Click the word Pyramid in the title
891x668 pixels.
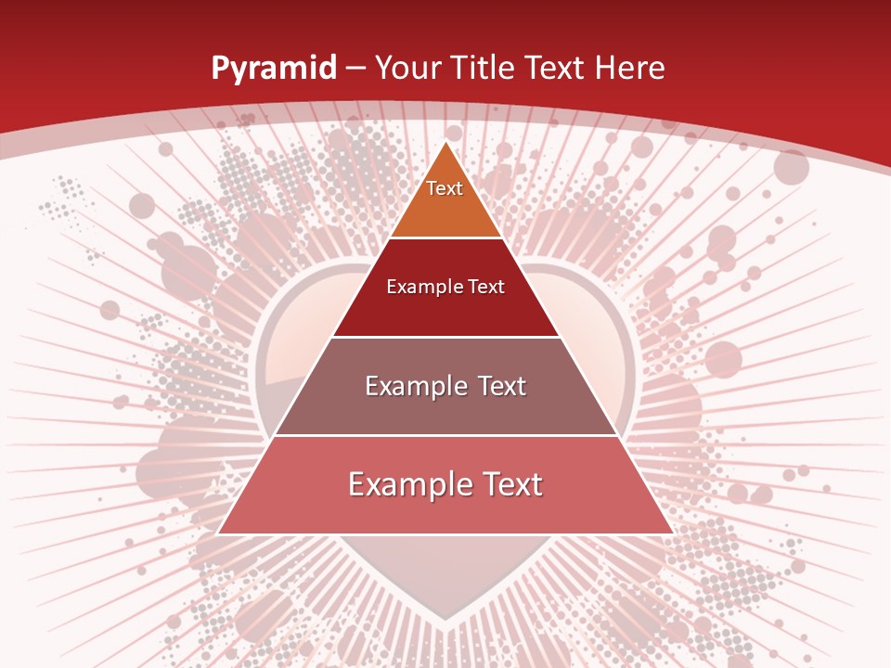(x=273, y=68)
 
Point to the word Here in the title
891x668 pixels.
(x=629, y=68)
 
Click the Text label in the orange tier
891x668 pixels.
(x=445, y=188)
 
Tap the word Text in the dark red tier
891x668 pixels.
(x=485, y=287)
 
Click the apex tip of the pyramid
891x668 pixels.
(x=445, y=143)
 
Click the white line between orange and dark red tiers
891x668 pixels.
(x=445, y=238)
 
